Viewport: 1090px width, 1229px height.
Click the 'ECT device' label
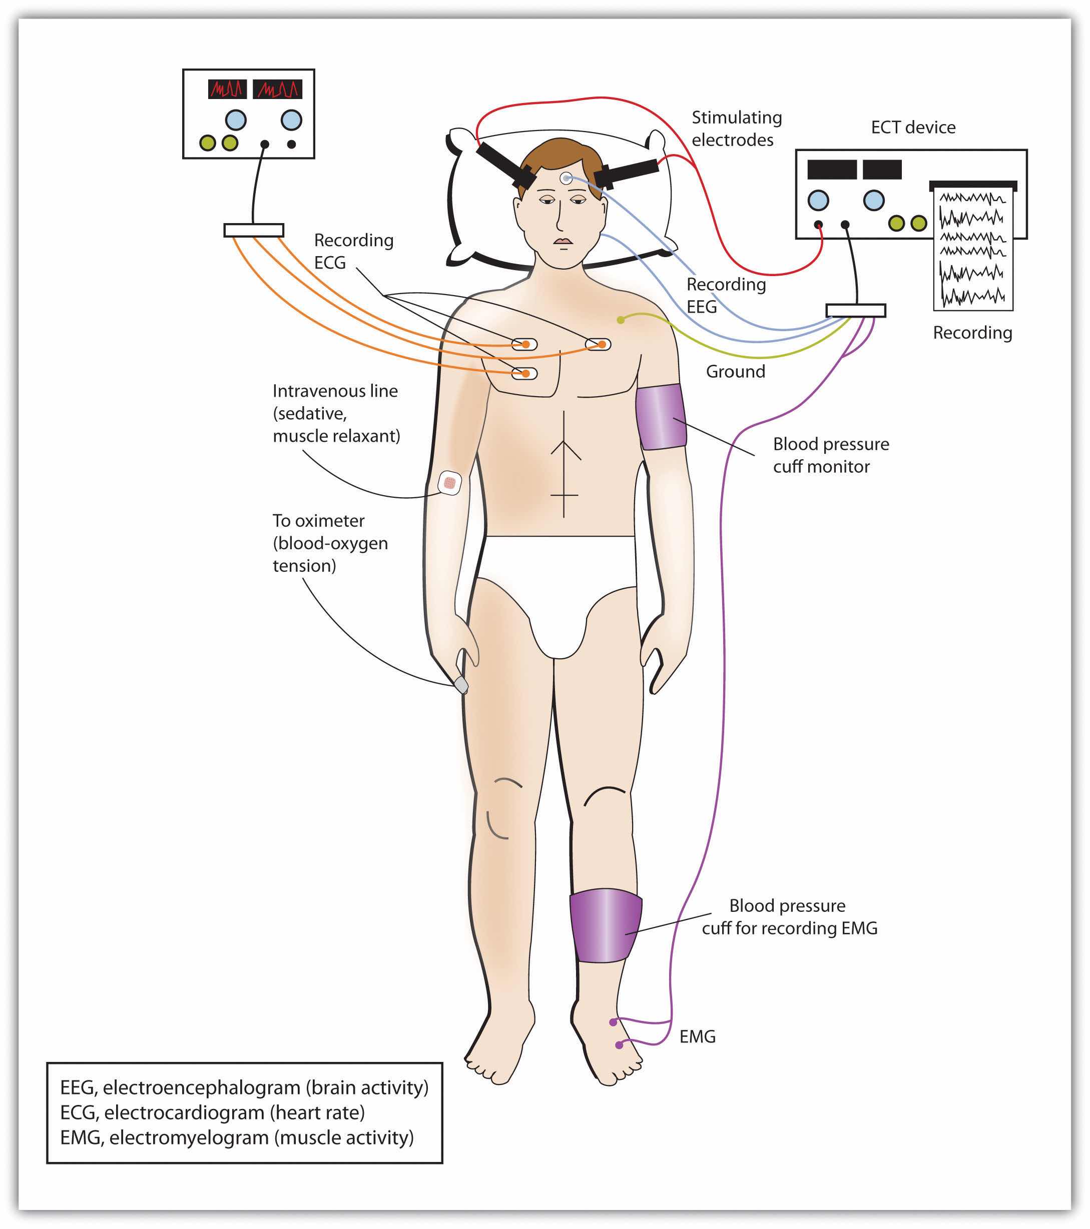(x=912, y=128)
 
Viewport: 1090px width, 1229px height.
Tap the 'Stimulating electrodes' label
(x=736, y=129)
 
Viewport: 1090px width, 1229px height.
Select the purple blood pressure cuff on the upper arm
(x=661, y=417)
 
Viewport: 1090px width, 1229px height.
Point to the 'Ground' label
(x=735, y=372)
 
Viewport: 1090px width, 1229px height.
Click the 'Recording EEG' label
(x=726, y=295)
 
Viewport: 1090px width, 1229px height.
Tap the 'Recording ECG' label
(x=353, y=251)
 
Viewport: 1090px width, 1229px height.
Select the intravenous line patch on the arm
(x=449, y=482)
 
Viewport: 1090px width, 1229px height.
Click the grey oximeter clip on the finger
(x=461, y=685)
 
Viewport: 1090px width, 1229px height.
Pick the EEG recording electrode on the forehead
(x=566, y=178)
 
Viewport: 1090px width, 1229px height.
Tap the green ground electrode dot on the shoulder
(x=620, y=320)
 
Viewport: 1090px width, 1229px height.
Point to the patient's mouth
(x=563, y=242)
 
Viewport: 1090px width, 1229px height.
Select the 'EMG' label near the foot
(x=697, y=1036)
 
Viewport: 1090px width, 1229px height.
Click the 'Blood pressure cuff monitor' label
(x=830, y=455)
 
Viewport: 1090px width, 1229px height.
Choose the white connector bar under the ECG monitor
(x=253, y=230)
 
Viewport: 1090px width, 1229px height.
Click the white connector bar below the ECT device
(x=855, y=310)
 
